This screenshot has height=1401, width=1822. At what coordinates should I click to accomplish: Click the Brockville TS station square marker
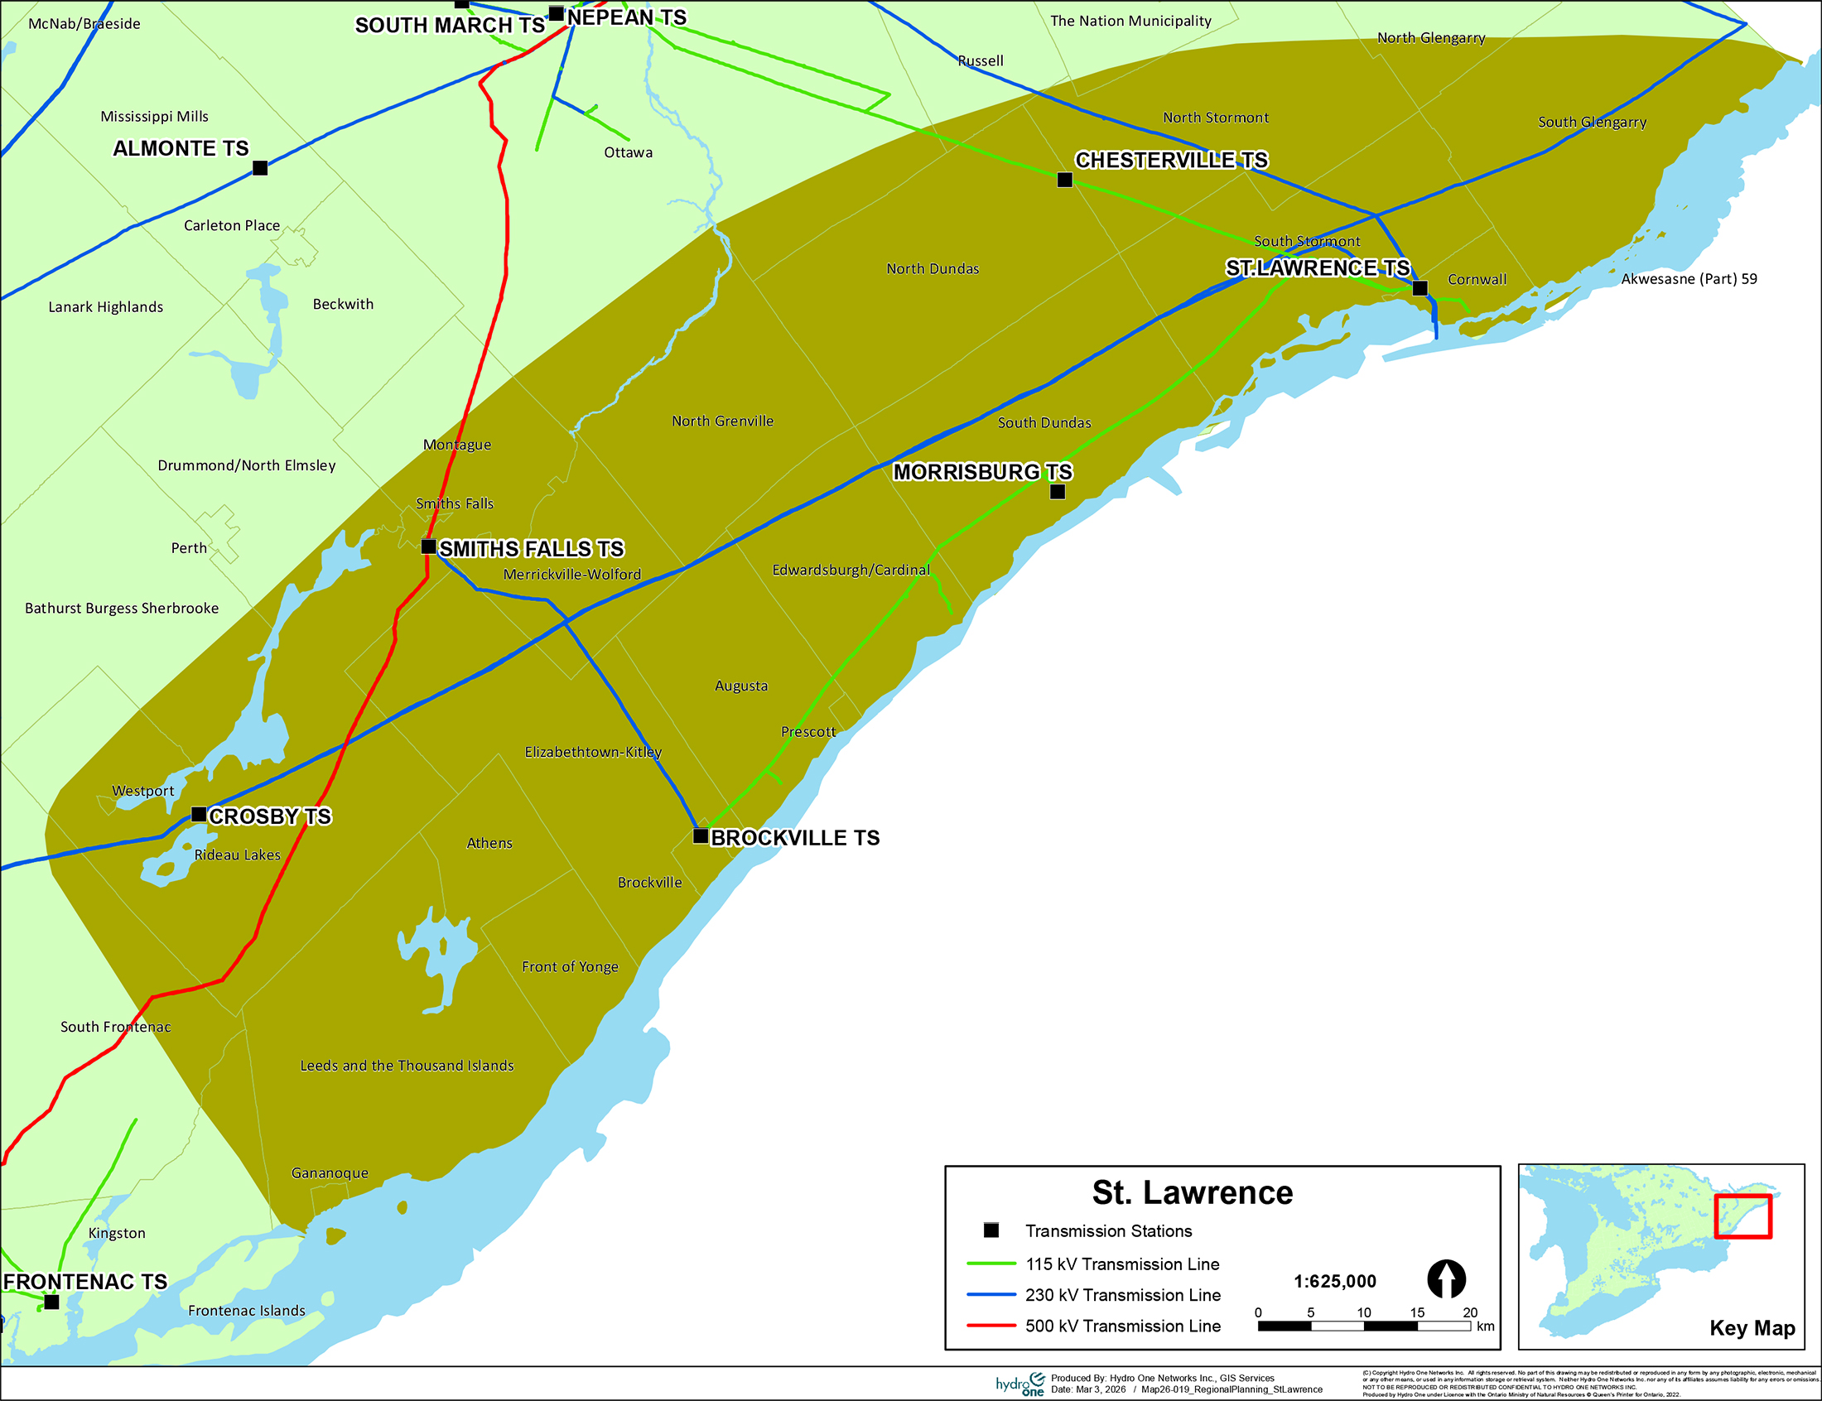click(701, 835)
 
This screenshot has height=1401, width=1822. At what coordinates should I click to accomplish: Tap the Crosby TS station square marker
click(199, 814)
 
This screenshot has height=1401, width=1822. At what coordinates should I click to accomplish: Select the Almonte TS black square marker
click(260, 167)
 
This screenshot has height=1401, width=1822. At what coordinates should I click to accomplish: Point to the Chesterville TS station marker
click(1065, 180)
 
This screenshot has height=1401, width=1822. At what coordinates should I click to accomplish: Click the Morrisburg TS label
click(982, 472)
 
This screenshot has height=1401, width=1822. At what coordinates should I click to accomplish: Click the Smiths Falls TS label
click(531, 549)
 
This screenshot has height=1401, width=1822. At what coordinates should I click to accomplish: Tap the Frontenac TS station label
click(85, 1282)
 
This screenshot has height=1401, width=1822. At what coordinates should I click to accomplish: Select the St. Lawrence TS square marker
click(1420, 288)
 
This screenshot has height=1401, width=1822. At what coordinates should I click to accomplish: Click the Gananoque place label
click(330, 1172)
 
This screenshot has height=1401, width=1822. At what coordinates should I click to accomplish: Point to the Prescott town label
click(808, 731)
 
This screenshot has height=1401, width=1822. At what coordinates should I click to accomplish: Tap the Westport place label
click(143, 791)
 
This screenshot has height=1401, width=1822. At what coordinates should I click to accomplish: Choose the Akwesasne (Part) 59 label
click(1689, 278)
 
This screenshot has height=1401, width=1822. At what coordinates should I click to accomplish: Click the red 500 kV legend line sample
click(991, 1325)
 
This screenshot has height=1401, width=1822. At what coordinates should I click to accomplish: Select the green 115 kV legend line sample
click(991, 1264)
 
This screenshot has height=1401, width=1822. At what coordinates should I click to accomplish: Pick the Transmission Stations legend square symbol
click(991, 1230)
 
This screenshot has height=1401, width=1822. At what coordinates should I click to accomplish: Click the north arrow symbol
click(1446, 1278)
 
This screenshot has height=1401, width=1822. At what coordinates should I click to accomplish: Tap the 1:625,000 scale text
click(1334, 1281)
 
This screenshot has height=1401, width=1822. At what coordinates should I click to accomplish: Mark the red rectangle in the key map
click(1742, 1216)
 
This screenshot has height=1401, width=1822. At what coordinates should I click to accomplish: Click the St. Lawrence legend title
click(1192, 1192)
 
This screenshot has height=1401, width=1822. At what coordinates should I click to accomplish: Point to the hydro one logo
click(1019, 1384)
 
